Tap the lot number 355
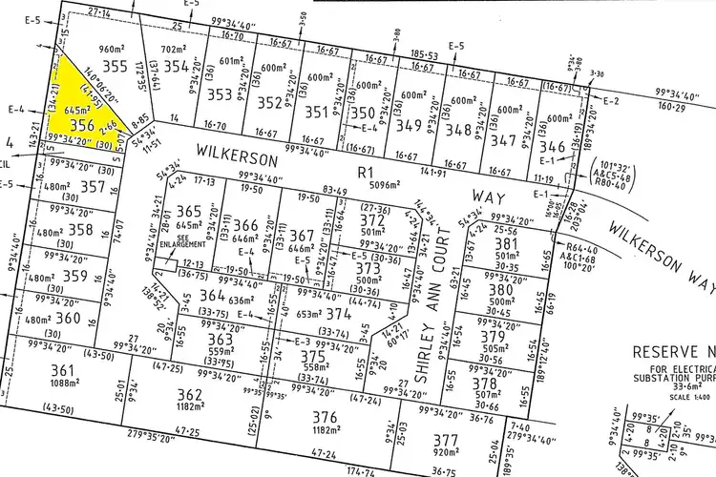[115, 66]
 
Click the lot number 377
[445, 440]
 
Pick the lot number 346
[553, 148]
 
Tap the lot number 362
[190, 394]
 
